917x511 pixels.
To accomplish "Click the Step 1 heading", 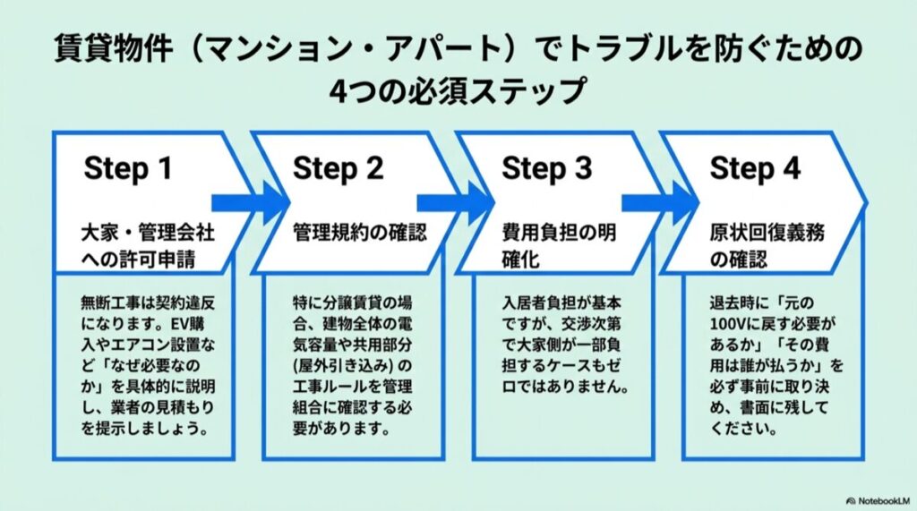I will pyautogui.click(x=127, y=169).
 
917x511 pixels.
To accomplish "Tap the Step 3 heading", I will pyautogui.click(x=546, y=169).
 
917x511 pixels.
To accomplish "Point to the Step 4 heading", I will pyautogui.click(x=755, y=169).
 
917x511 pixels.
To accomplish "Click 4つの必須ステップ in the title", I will pyautogui.click(x=458, y=90).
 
